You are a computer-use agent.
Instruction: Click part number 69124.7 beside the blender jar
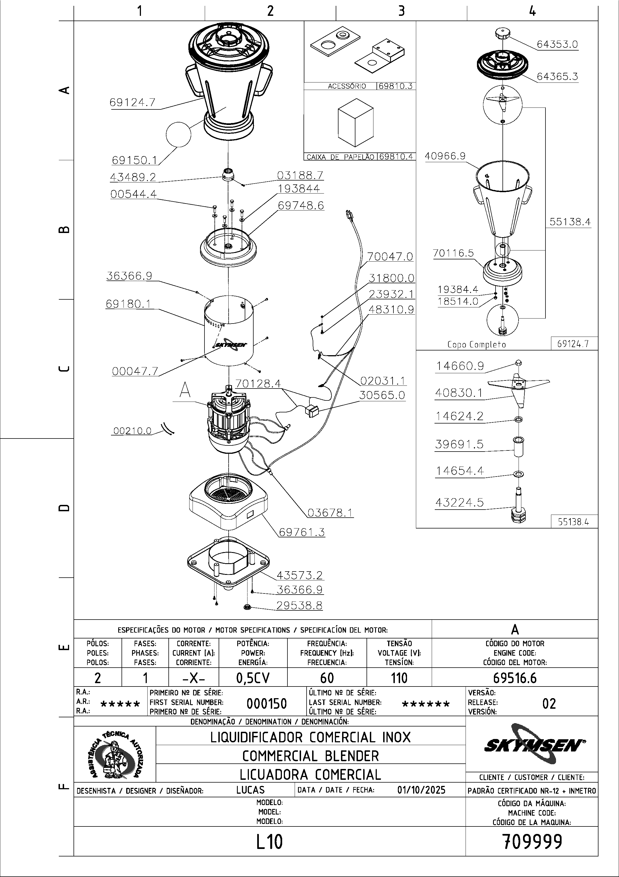pos(132,103)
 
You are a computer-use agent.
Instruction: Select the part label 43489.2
pos(133,177)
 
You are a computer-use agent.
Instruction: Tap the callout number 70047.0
pos(390,256)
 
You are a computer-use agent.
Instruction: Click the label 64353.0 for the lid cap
pos(557,44)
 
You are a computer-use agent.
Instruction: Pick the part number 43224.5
pos(459,502)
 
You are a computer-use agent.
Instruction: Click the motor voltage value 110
pos(399,678)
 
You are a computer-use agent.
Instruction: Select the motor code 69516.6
pos(515,678)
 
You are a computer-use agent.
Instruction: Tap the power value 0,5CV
pos(253,678)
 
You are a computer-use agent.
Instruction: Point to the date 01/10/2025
pos(421,790)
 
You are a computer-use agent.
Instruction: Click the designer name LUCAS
pos(250,790)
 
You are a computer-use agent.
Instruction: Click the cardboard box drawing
pos(355,122)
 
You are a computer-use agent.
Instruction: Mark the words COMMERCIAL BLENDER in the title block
pos(311,756)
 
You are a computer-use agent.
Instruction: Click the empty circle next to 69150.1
pos(178,134)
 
